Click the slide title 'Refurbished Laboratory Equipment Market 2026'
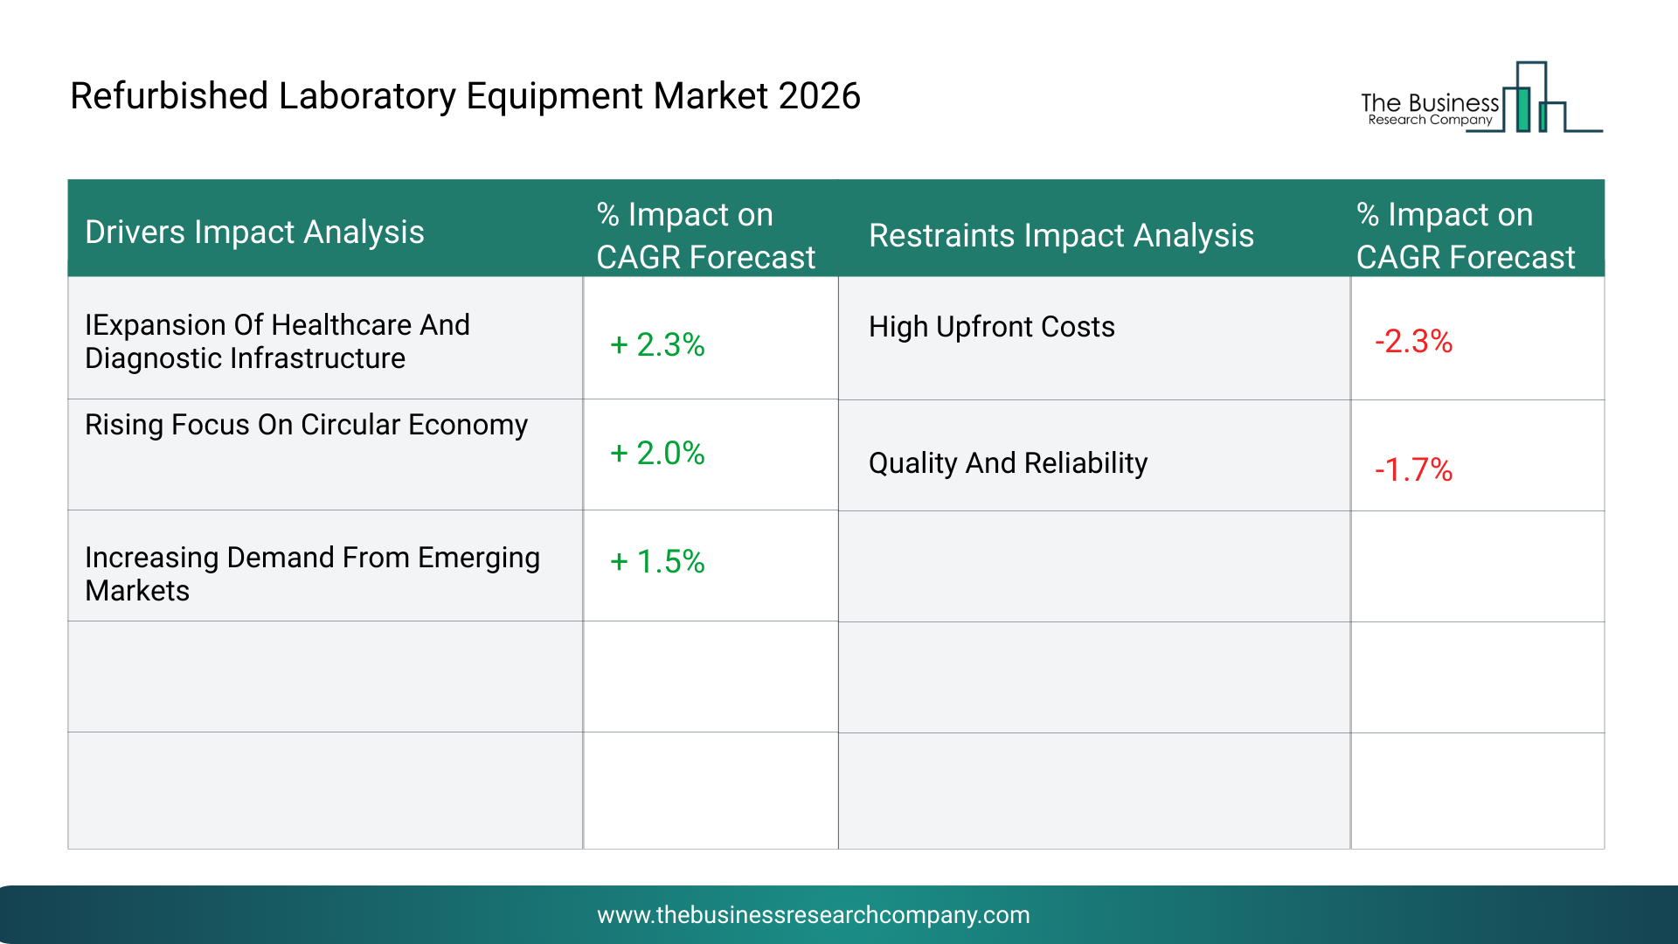(x=465, y=96)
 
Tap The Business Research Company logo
(x=1481, y=97)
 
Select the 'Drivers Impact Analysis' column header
(x=254, y=233)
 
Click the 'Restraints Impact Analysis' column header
(x=1061, y=236)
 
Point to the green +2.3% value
(x=657, y=344)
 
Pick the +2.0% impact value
(x=657, y=453)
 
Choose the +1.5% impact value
(x=657, y=561)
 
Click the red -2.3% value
(x=1413, y=341)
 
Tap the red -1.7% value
(x=1413, y=469)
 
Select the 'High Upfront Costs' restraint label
(x=992, y=327)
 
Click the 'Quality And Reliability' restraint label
(x=1008, y=463)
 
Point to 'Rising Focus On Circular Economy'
(x=306, y=425)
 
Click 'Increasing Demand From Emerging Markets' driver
(x=312, y=574)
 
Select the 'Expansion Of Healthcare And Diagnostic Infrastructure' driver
(x=277, y=342)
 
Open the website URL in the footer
(x=814, y=915)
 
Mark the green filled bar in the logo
(x=1523, y=109)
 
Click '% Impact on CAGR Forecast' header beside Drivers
(x=705, y=236)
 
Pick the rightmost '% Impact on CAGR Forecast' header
(x=1466, y=236)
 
